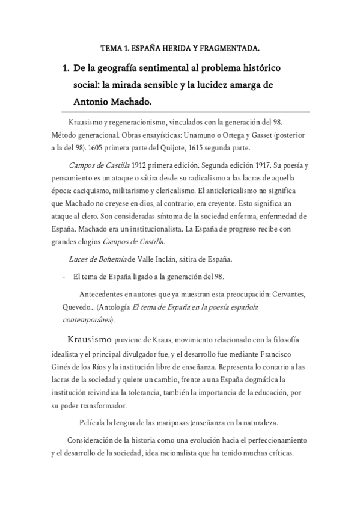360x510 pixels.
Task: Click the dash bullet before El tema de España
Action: [64, 277]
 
